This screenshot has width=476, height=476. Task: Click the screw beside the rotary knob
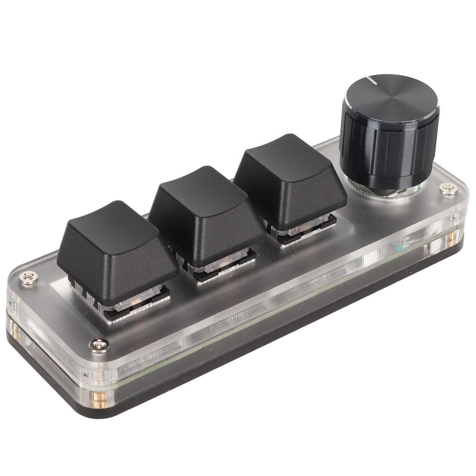click(448, 188)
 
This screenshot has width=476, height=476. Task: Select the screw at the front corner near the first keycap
click(99, 345)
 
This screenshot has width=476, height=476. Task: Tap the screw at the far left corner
click(29, 278)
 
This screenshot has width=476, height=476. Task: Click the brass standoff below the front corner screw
click(99, 398)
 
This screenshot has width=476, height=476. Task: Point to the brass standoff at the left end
click(14, 332)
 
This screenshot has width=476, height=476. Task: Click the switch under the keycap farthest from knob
click(135, 302)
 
